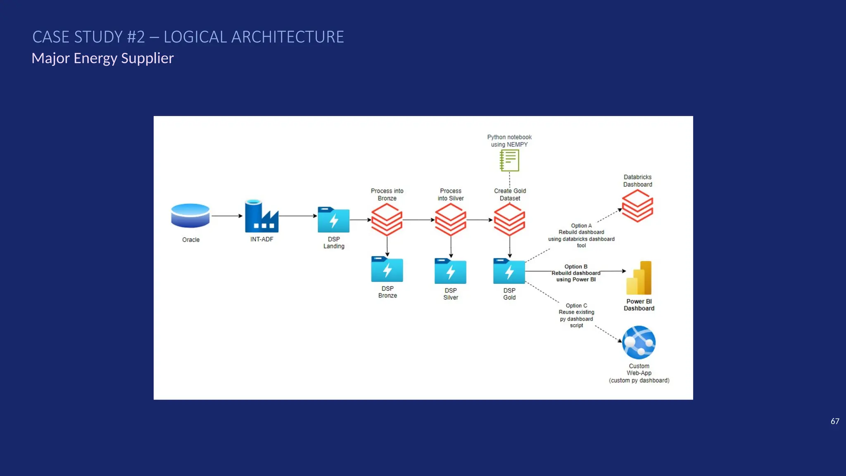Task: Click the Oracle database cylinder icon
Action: (190, 216)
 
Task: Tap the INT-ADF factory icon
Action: (261, 217)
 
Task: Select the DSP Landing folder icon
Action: (333, 220)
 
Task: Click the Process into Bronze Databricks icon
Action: (387, 219)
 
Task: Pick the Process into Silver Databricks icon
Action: (450, 219)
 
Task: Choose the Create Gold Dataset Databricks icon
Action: (509, 219)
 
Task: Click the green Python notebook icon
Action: (509, 160)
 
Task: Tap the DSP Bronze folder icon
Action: (387, 269)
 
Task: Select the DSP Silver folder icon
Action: (450, 271)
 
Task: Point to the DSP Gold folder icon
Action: (509, 271)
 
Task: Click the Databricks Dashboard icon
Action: (637, 206)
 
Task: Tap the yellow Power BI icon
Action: (639, 278)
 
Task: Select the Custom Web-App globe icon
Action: (639, 343)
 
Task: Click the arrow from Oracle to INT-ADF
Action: (227, 216)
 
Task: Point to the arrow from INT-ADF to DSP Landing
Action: (297, 216)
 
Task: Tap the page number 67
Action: (834, 421)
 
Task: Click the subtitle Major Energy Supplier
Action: (102, 58)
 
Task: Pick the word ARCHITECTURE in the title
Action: (288, 37)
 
